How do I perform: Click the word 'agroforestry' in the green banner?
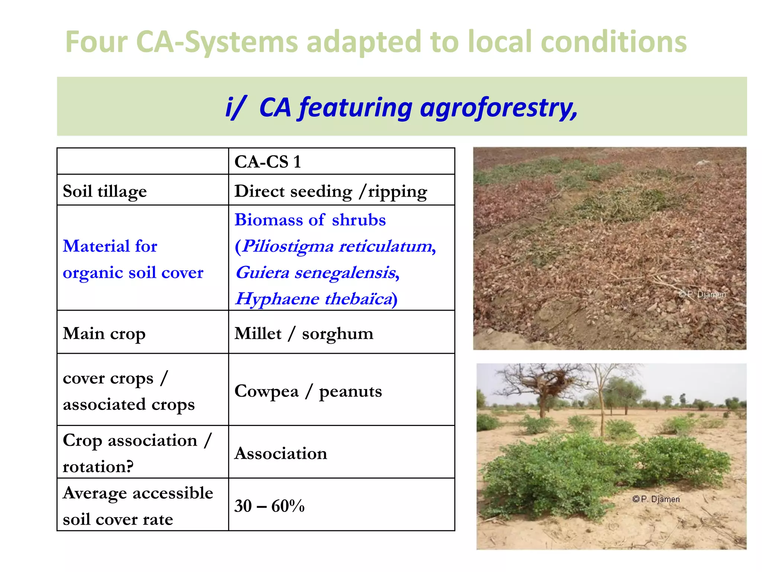click(499, 108)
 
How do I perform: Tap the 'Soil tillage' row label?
click(105, 191)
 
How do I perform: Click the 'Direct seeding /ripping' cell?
click(330, 191)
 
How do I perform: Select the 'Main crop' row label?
click(104, 333)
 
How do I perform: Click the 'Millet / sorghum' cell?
click(304, 333)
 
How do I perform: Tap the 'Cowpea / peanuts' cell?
click(308, 391)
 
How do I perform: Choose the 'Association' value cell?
click(281, 453)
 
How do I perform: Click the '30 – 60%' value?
click(269, 506)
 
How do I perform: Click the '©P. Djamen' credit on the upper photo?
click(702, 294)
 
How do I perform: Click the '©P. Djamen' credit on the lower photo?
click(656, 499)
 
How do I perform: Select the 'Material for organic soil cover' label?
click(133, 259)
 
